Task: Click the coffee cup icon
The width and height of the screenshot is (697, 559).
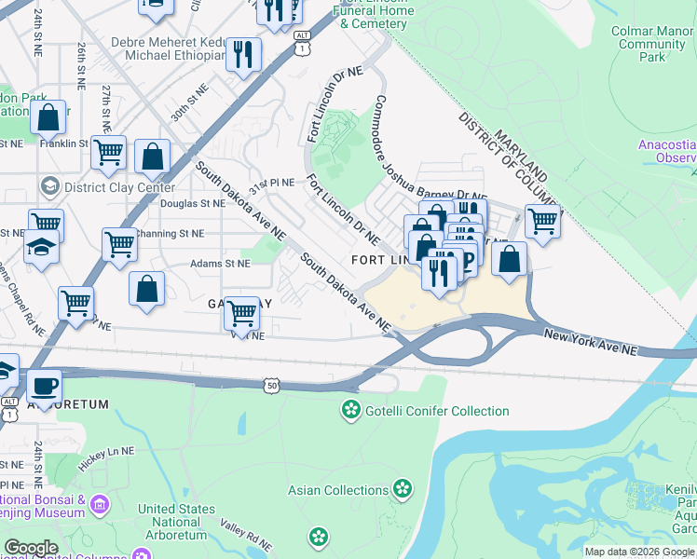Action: [43, 384]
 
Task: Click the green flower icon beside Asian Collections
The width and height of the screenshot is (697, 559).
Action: [403, 489]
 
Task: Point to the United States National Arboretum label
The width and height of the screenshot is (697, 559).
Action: [176, 523]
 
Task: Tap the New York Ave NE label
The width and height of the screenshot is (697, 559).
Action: [590, 342]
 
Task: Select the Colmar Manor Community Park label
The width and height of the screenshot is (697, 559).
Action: [651, 44]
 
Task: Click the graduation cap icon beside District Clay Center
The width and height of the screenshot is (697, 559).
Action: [48, 187]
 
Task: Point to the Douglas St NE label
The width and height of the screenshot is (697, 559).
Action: [192, 203]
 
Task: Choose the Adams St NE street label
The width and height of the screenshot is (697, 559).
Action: [220, 264]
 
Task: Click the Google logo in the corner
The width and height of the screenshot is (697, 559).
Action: [31, 548]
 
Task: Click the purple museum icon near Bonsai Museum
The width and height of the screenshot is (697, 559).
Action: [100, 505]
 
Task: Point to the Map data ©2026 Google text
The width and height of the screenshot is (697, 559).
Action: [638, 552]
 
